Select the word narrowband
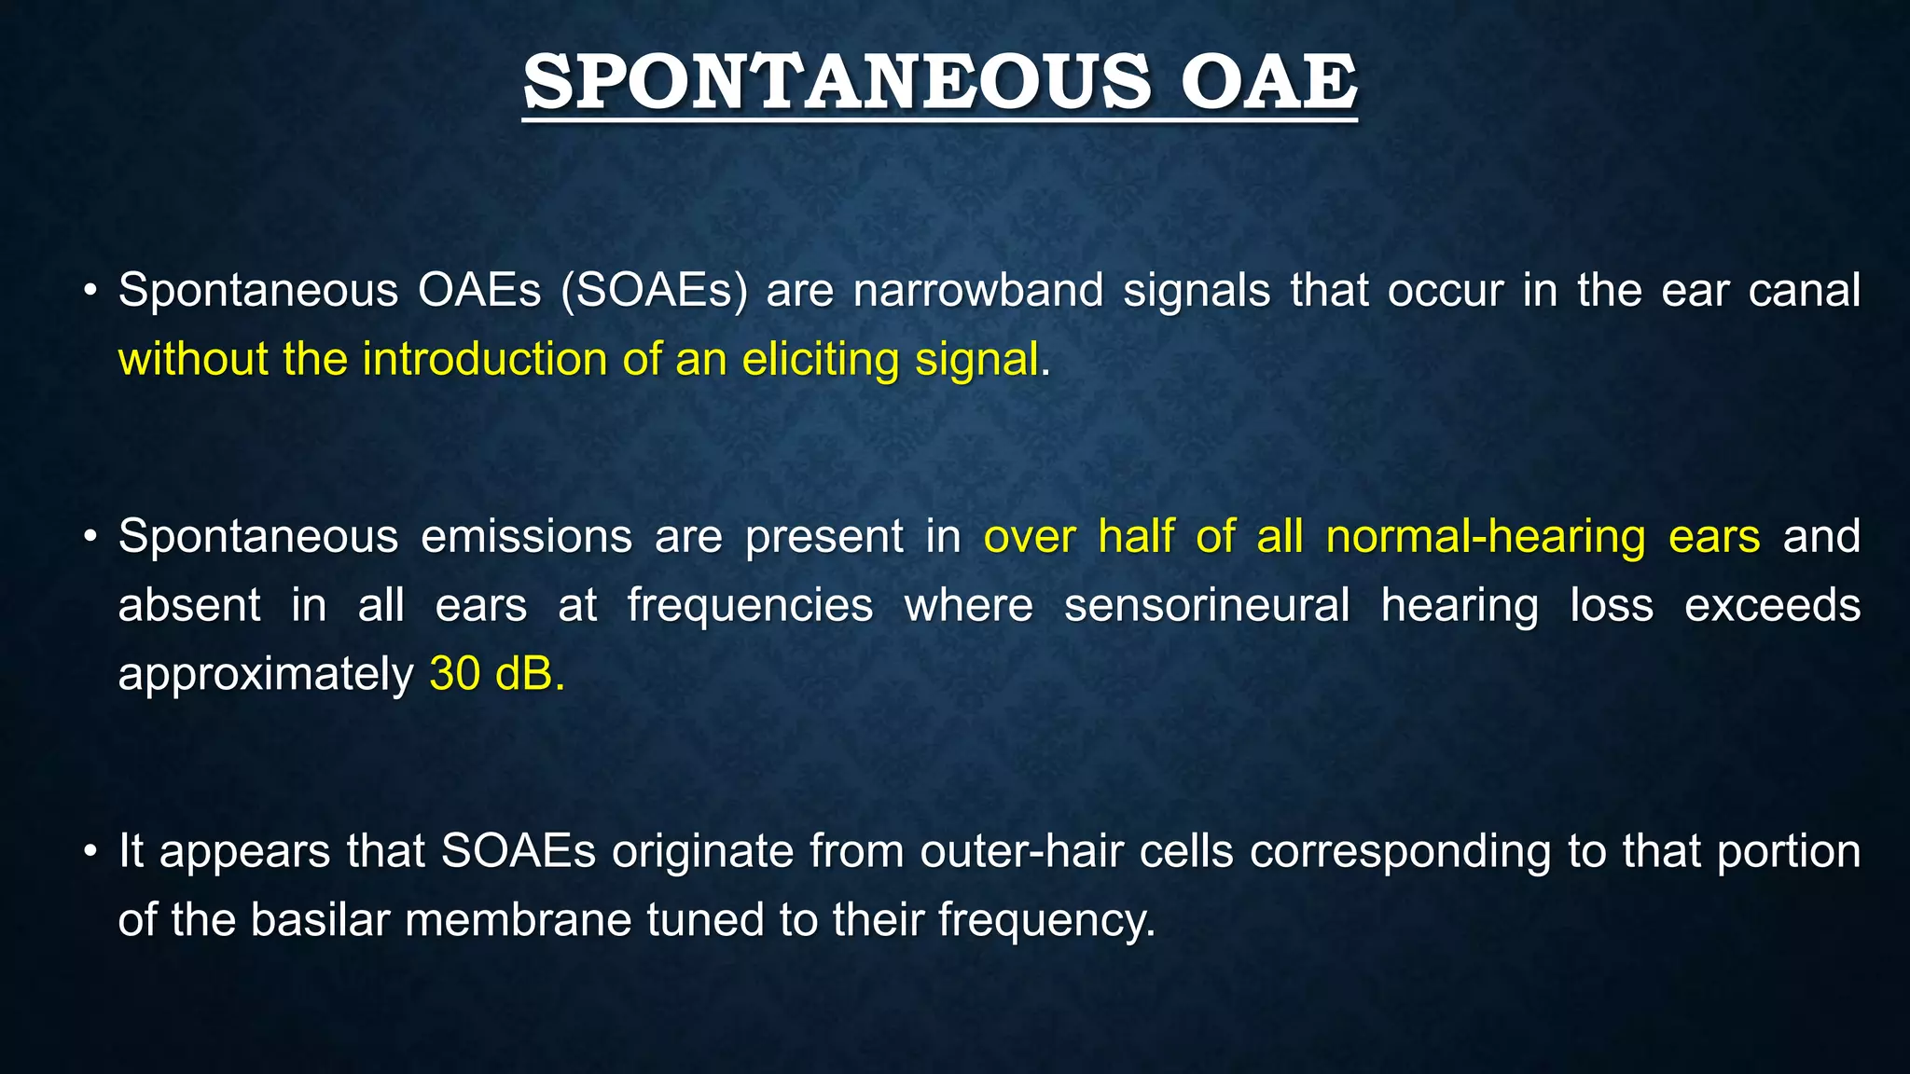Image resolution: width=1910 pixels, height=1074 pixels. tap(977, 290)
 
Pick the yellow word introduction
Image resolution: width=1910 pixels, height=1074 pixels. tap(484, 359)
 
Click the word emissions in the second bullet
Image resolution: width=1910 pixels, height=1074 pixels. tap(526, 537)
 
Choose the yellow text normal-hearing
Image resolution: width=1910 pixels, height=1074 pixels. tap(1487, 537)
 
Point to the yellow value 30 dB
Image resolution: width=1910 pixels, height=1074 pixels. tap(495, 674)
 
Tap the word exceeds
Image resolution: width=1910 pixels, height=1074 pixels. tap(1771, 606)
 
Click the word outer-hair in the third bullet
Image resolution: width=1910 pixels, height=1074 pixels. tap(1020, 852)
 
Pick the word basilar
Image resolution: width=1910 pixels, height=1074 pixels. tap(319, 920)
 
